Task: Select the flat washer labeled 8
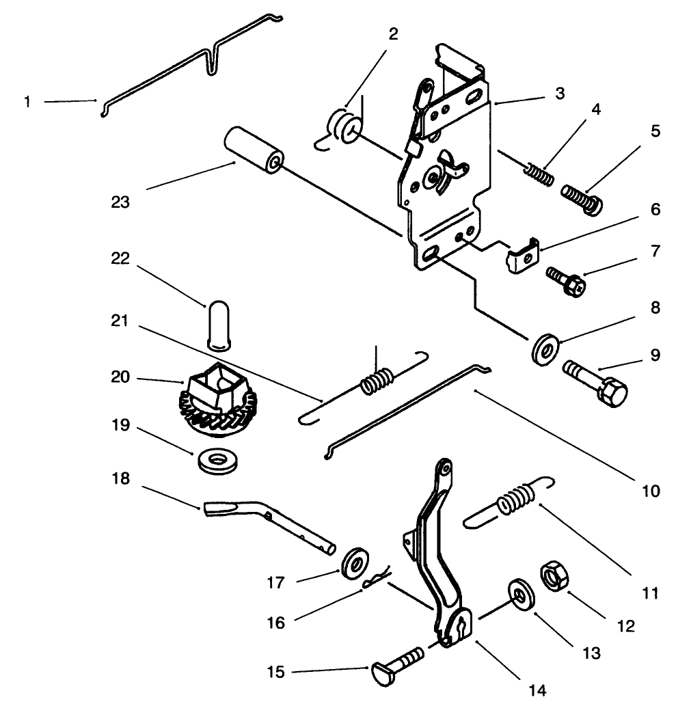pos(546,347)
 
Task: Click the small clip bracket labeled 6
pos(524,255)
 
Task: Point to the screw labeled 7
pos(565,281)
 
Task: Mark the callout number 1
pos(27,102)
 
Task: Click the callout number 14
pos(538,690)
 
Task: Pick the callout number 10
pos(650,490)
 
